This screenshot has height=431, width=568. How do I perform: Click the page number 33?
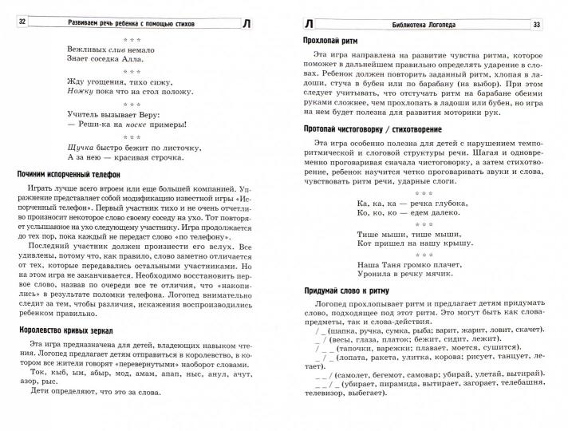coord(547,24)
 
